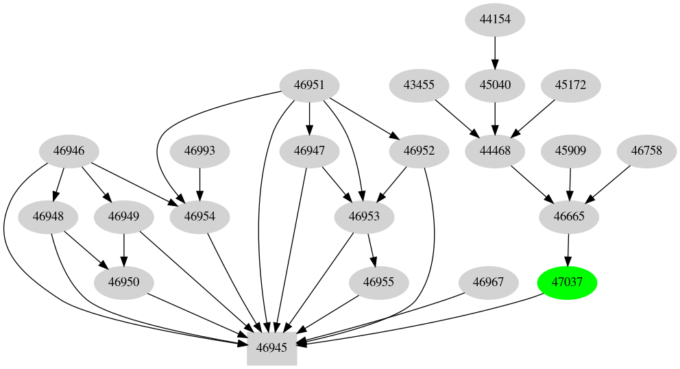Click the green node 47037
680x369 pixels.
[567, 282]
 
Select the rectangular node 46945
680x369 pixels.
[271, 347]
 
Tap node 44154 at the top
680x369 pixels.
[495, 20]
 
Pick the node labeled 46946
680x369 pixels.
[68, 151]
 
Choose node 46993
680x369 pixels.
[199, 151]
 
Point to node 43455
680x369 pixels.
[419, 86]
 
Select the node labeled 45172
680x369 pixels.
[570, 86]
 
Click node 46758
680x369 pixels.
[646, 151]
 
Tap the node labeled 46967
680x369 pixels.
[488, 282]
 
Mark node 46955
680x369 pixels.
[378, 282]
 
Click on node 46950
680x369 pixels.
[123, 282]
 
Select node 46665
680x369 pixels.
[569, 217]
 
